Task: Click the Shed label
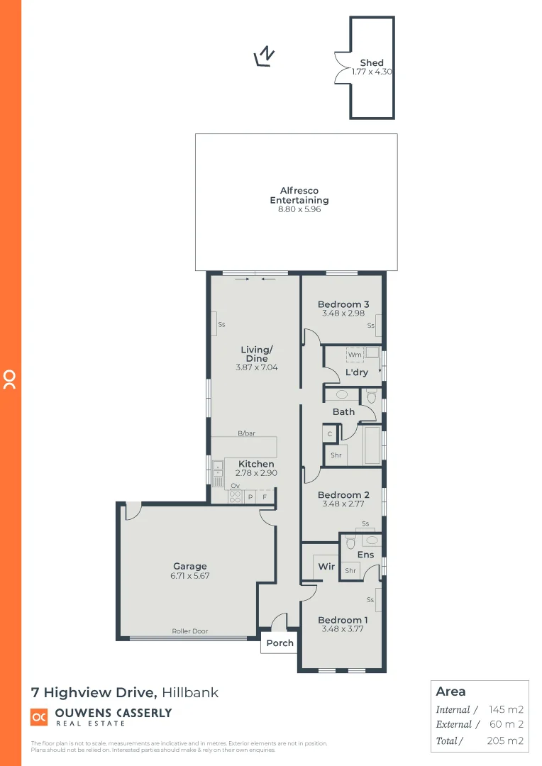(x=372, y=63)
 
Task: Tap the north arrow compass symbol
(x=265, y=56)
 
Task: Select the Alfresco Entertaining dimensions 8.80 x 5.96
(x=299, y=210)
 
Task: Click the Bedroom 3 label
(x=343, y=304)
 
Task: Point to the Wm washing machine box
(x=355, y=355)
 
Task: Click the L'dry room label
(x=357, y=372)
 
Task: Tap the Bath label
(x=343, y=412)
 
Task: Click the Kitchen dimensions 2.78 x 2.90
(x=256, y=473)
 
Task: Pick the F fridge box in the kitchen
(x=265, y=497)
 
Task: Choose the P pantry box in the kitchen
(x=250, y=497)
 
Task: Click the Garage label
(x=190, y=566)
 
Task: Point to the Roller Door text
(x=190, y=631)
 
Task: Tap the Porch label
(x=280, y=643)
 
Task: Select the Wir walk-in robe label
(x=326, y=567)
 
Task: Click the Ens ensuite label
(x=365, y=555)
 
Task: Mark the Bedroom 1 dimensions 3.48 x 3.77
(x=343, y=629)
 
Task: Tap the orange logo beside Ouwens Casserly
(x=39, y=717)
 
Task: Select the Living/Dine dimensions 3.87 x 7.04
(x=256, y=368)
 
